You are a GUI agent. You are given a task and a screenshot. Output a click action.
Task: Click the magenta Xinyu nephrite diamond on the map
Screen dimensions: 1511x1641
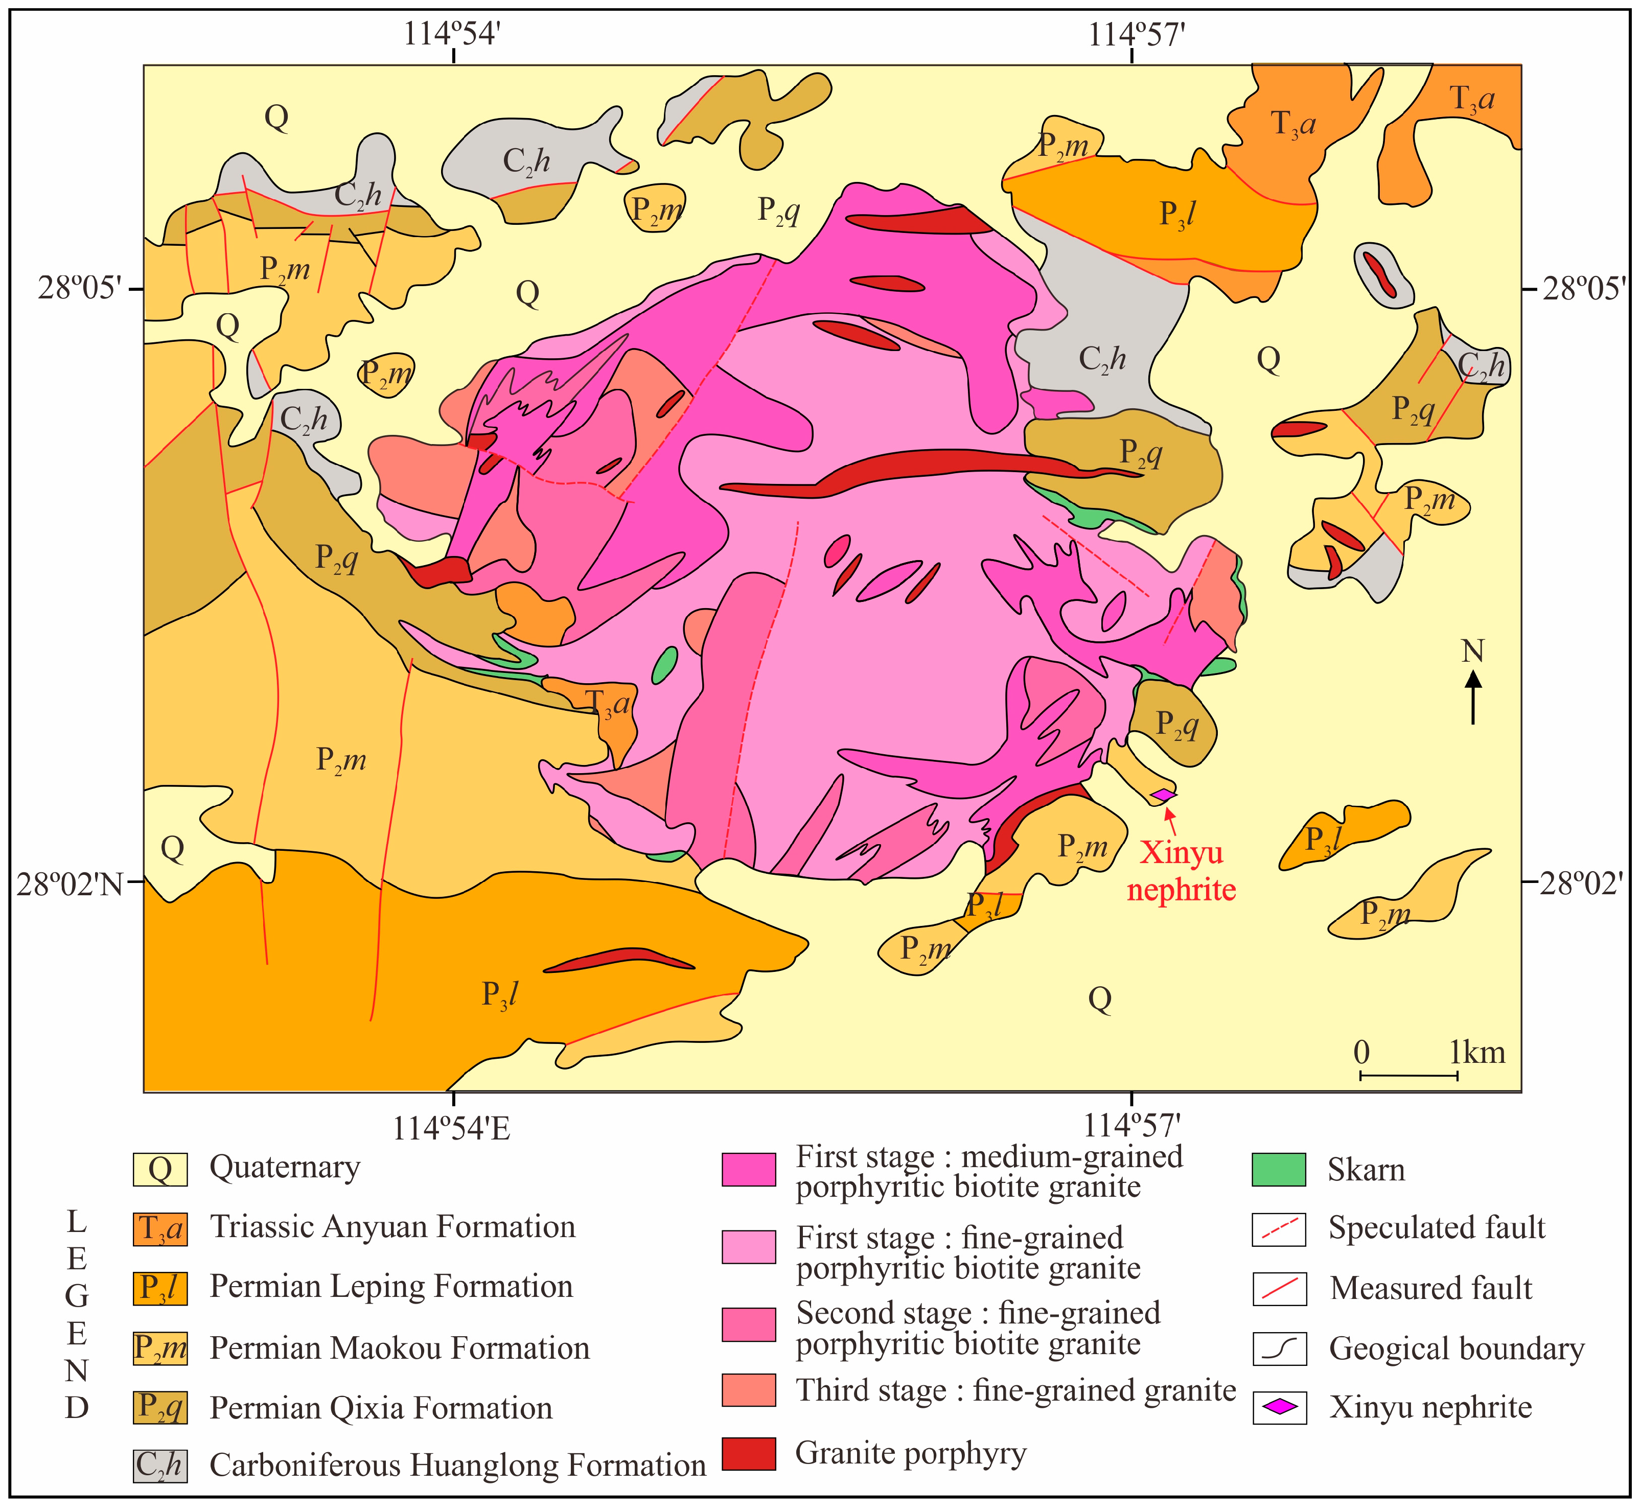(x=1163, y=794)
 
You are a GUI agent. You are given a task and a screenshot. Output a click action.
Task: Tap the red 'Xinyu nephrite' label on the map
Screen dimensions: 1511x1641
(x=1182, y=871)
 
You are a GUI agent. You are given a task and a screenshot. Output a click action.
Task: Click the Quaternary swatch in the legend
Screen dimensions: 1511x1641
(x=160, y=1169)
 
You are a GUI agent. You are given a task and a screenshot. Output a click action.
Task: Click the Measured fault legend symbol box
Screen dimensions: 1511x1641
(x=1278, y=1289)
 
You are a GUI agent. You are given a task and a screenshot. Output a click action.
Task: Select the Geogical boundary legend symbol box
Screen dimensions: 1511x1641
(x=1278, y=1349)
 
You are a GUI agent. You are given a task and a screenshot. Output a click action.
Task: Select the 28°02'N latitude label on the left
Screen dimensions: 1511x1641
(x=68, y=885)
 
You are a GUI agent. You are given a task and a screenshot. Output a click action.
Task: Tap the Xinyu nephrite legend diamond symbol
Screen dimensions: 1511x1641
(x=1278, y=1407)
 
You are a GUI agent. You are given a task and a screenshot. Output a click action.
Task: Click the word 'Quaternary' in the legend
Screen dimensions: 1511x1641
(x=285, y=1168)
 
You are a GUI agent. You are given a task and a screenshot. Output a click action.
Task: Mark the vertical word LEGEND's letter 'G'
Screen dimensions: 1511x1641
(x=77, y=1297)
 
